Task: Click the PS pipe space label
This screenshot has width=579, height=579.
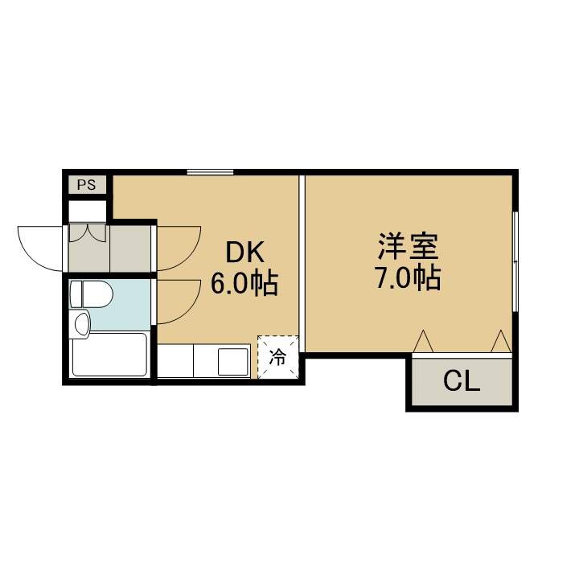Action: [x=87, y=185]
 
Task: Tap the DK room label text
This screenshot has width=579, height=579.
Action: [x=244, y=253]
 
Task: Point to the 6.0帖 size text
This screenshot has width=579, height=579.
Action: [x=244, y=284]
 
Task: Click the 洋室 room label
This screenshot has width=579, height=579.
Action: [x=408, y=246]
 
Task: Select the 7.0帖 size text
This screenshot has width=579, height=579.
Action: [x=408, y=277]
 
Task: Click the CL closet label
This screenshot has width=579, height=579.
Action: [x=462, y=381]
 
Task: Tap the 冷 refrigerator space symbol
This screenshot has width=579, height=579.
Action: [x=277, y=357]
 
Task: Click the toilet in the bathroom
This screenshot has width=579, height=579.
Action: [x=91, y=294]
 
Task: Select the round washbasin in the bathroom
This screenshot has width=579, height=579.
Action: [x=81, y=324]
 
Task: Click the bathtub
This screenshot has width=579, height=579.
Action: [x=109, y=355]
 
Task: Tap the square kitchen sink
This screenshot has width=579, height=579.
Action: [x=232, y=362]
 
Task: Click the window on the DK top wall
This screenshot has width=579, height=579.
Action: [x=210, y=172]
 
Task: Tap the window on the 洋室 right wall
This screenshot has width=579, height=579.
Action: [x=515, y=262]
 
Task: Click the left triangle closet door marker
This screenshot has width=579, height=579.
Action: [x=423, y=341]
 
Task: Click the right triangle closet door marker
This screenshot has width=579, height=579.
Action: [x=501, y=341]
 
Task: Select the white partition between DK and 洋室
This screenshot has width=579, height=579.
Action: [x=302, y=264]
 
